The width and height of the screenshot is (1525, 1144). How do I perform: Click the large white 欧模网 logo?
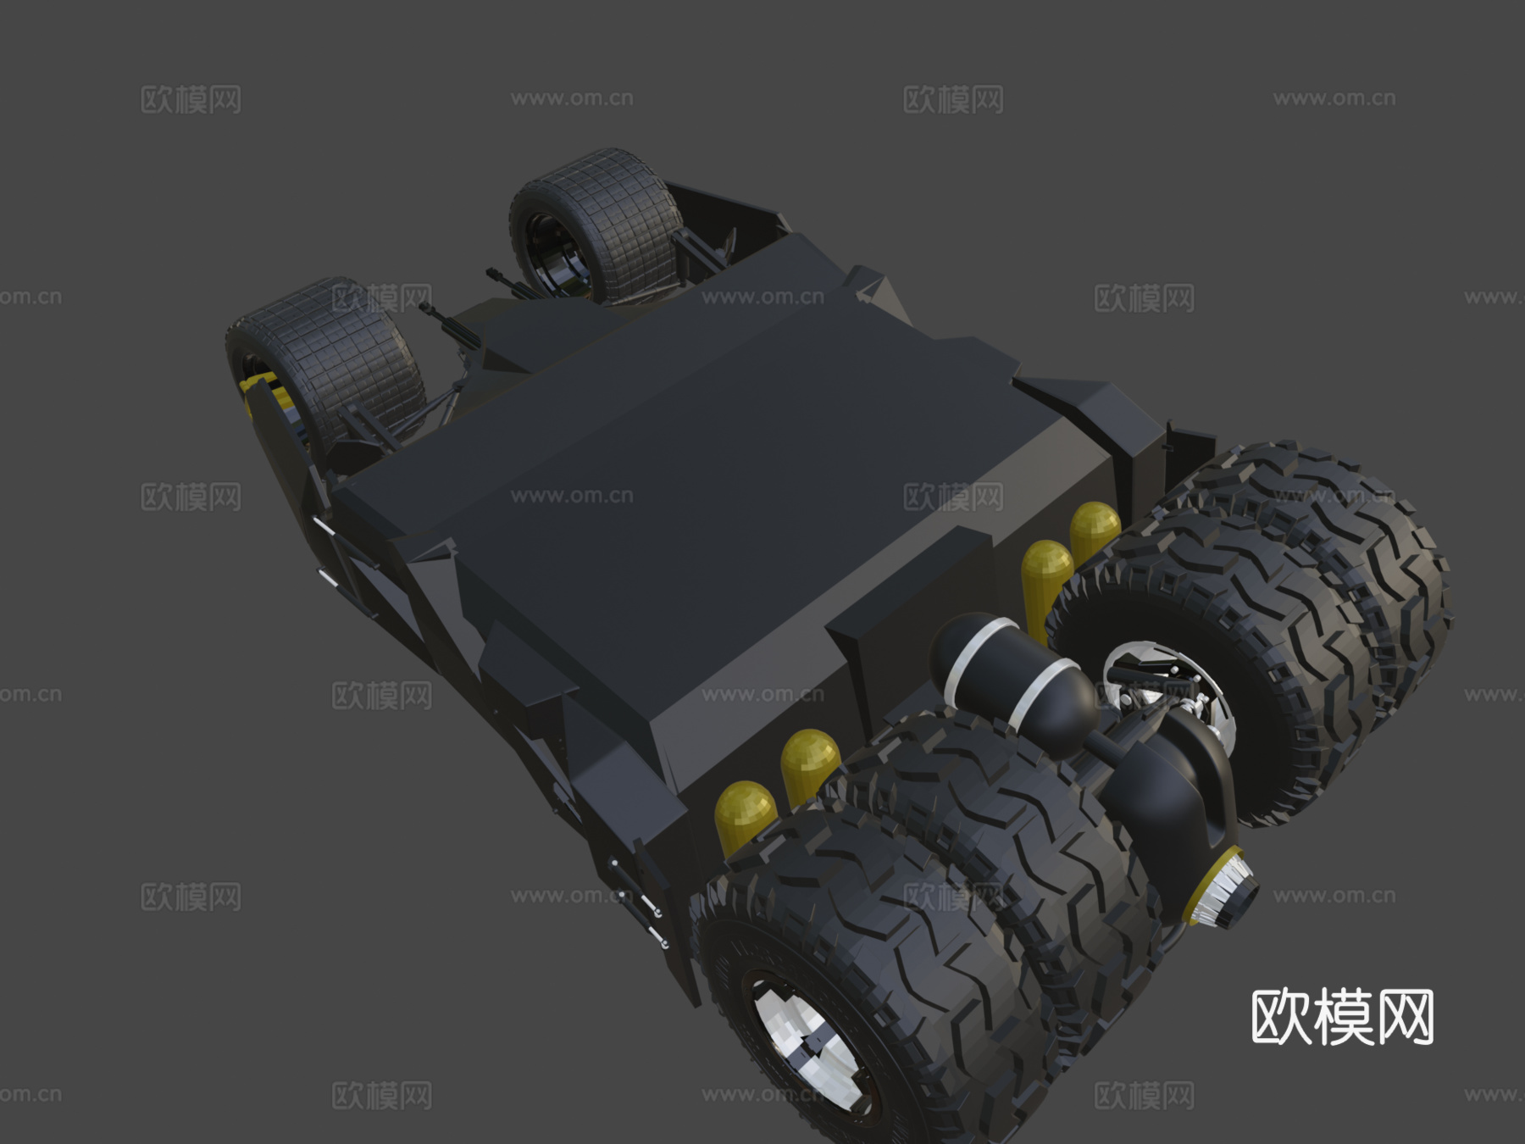(1342, 1017)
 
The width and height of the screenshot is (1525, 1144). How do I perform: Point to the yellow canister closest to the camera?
(745, 814)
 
